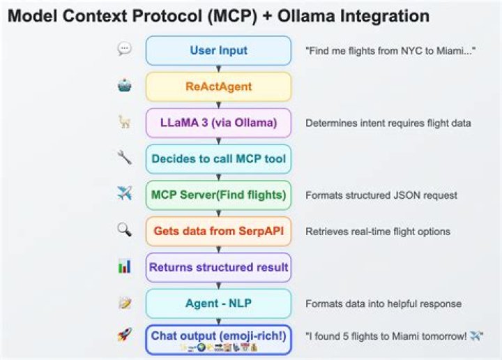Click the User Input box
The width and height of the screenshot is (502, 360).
pyautogui.click(x=218, y=50)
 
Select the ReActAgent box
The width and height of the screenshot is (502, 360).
pyautogui.click(x=218, y=87)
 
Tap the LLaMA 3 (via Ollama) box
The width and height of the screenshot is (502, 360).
pyautogui.click(x=218, y=123)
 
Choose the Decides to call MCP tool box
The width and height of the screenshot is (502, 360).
pyautogui.click(x=218, y=159)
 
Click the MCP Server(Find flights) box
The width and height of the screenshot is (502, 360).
pyautogui.click(x=218, y=195)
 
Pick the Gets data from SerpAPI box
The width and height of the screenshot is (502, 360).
pyautogui.click(x=218, y=231)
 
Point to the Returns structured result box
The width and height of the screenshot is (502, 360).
pyautogui.click(x=218, y=267)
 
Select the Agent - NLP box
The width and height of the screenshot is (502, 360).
pyautogui.click(x=218, y=303)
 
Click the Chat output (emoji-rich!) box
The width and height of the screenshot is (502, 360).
pyautogui.click(x=218, y=340)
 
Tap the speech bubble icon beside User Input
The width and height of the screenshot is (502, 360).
pyautogui.click(x=125, y=49)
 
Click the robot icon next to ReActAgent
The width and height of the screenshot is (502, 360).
pyautogui.click(x=125, y=86)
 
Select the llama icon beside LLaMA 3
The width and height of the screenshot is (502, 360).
pyautogui.click(x=125, y=122)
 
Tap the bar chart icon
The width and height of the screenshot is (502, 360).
pyautogui.click(x=125, y=267)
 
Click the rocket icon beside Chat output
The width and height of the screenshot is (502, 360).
pyautogui.click(x=125, y=336)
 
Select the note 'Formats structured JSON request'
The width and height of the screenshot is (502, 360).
pyautogui.click(x=381, y=195)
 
